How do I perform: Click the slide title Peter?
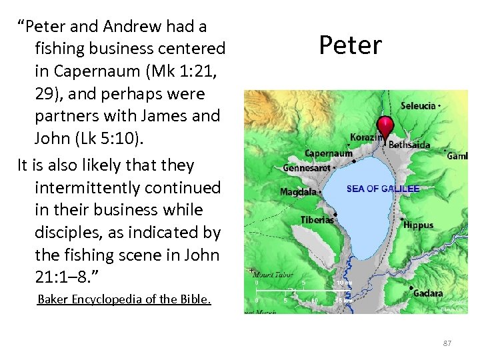[x=350, y=45]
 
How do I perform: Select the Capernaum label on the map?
[x=329, y=154]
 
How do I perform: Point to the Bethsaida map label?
[x=409, y=145]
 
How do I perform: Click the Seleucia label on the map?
[x=419, y=106]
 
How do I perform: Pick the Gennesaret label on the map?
[x=306, y=168]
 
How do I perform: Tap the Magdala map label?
[x=298, y=192]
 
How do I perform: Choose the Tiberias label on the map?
[x=317, y=220]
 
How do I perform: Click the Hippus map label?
[x=419, y=225]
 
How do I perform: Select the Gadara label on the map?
[x=427, y=294]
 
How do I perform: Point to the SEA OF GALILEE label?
[x=383, y=189]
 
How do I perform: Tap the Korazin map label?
[x=366, y=137]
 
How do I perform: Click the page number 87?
[x=447, y=343]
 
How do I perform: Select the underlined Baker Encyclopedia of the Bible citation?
[x=124, y=299]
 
